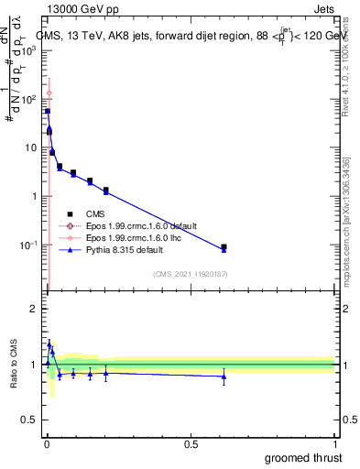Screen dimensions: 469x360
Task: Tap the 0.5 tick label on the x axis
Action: [x=191, y=443]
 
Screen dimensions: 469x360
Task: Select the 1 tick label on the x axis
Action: [x=334, y=443]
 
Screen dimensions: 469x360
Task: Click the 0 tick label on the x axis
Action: [x=47, y=443]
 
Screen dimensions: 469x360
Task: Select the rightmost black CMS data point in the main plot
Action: [x=224, y=246]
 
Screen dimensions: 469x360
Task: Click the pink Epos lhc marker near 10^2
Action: [x=49, y=93]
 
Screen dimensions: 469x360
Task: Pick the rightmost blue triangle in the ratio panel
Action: [x=224, y=376]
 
